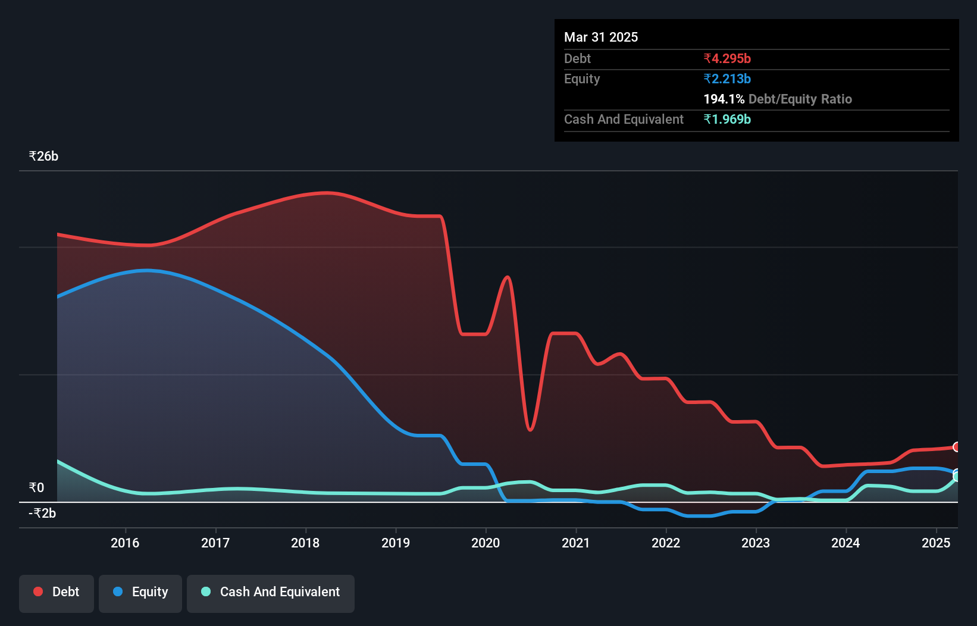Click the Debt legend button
(x=57, y=592)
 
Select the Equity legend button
(x=140, y=592)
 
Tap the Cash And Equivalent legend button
(x=271, y=592)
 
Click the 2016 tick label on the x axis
(x=125, y=543)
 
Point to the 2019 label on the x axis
(x=396, y=543)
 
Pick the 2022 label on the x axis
(x=666, y=543)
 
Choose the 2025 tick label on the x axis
(x=936, y=543)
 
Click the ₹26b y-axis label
(x=43, y=156)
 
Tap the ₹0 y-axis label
(x=36, y=488)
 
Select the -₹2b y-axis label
(x=42, y=513)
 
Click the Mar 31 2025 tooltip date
(x=601, y=37)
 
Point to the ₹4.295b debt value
(x=727, y=58)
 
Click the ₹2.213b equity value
(x=727, y=79)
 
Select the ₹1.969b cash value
(x=727, y=119)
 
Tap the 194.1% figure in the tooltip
(x=724, y=99)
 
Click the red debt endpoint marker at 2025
(x=957, y=447)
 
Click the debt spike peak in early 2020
(x=508, y=277)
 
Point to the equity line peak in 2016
(x=146, y=270)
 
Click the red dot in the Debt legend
(x=38, y=591)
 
